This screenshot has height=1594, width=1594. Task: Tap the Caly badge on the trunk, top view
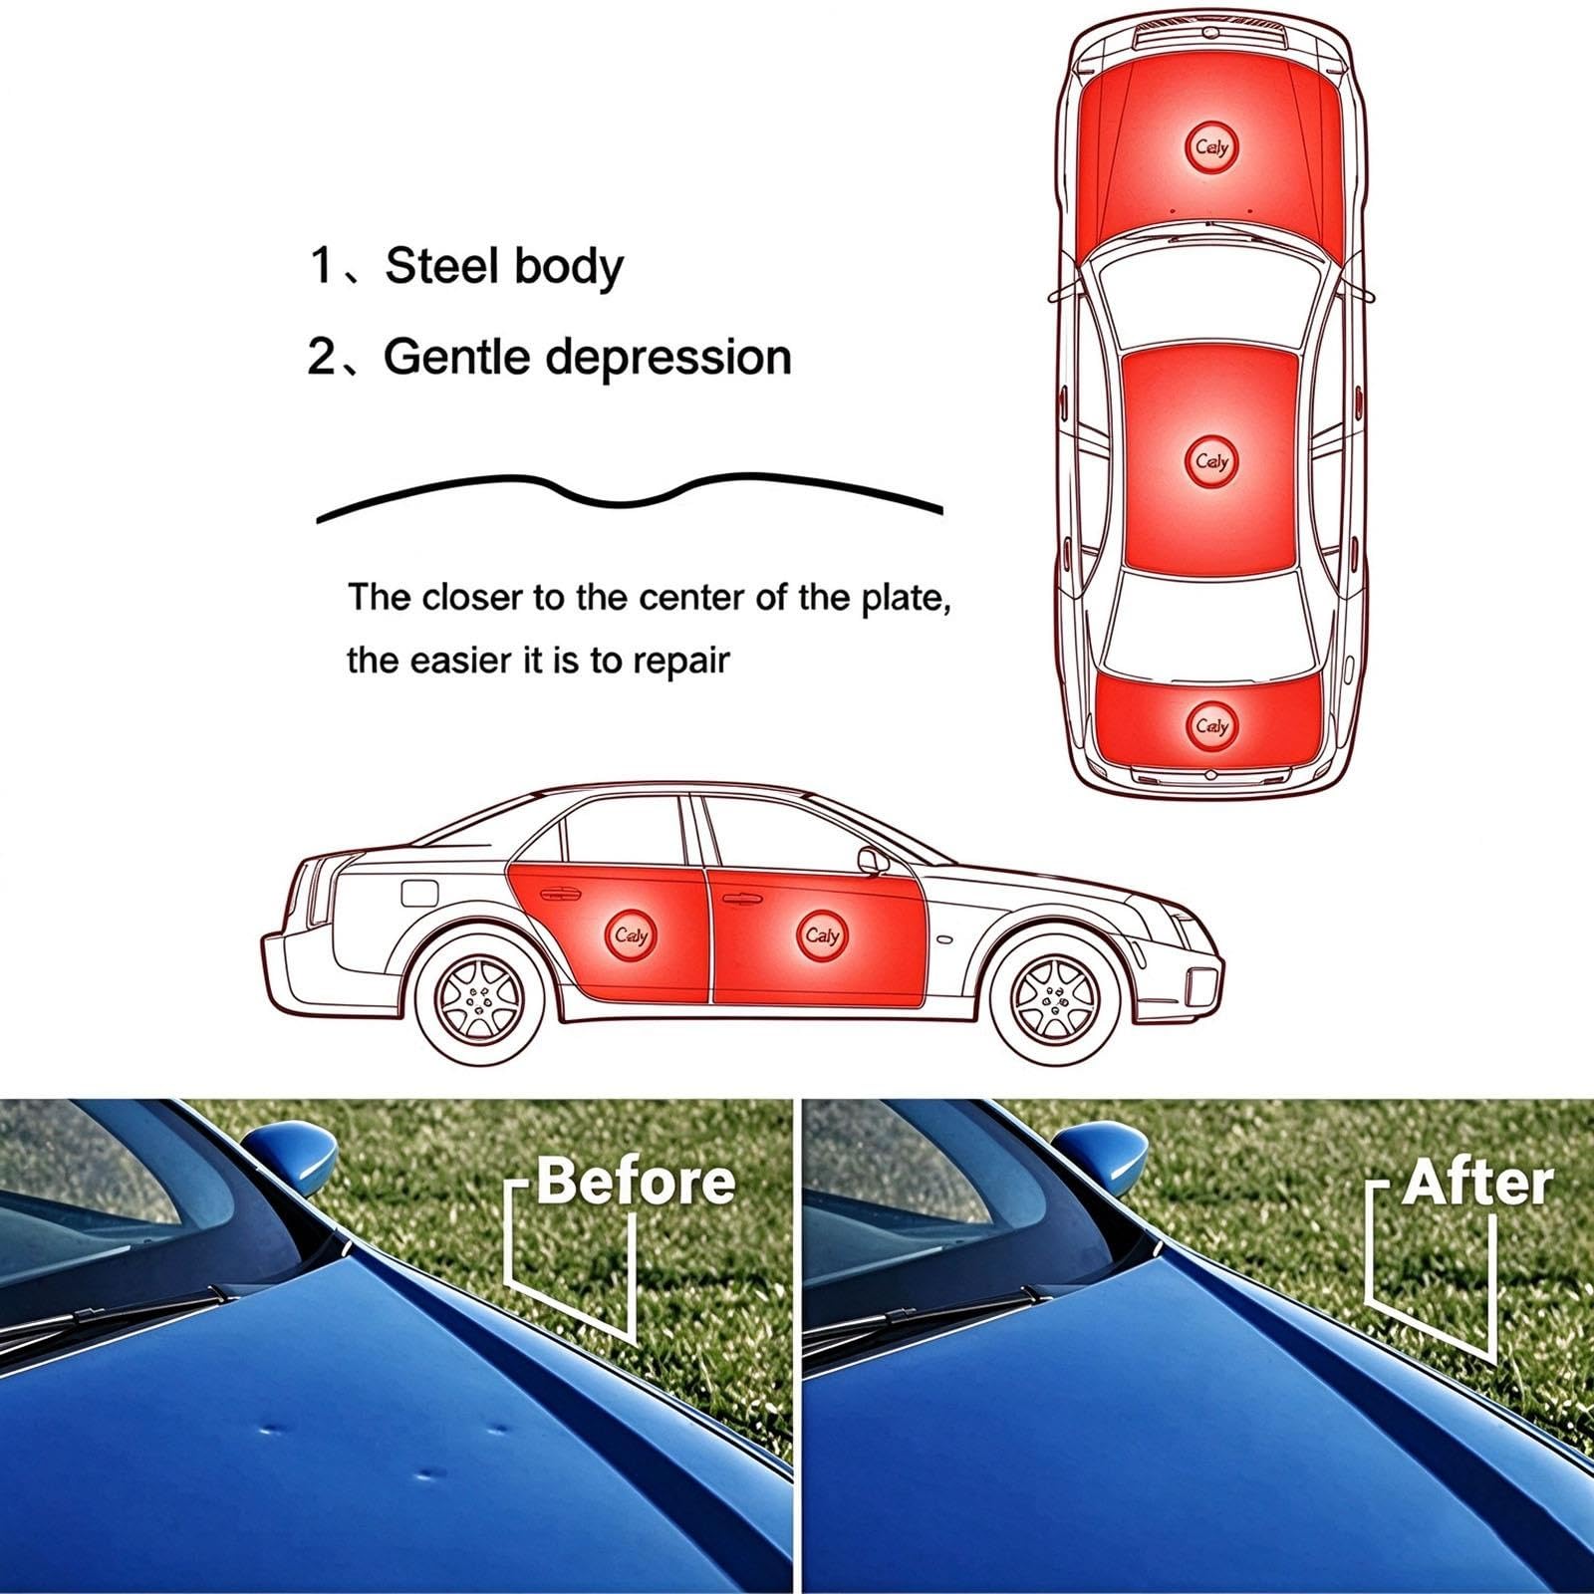tap(1212, 726)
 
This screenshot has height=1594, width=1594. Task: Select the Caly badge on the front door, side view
tap(823, 935)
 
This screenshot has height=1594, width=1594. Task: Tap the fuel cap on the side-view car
tap(420, 890)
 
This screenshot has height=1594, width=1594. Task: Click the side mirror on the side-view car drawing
tap(873, 862)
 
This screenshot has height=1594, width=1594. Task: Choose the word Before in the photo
tap(637, 1183)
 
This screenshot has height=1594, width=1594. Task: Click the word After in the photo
tap(1478, 1184)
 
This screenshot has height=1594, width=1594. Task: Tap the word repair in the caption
tap(680, 662)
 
